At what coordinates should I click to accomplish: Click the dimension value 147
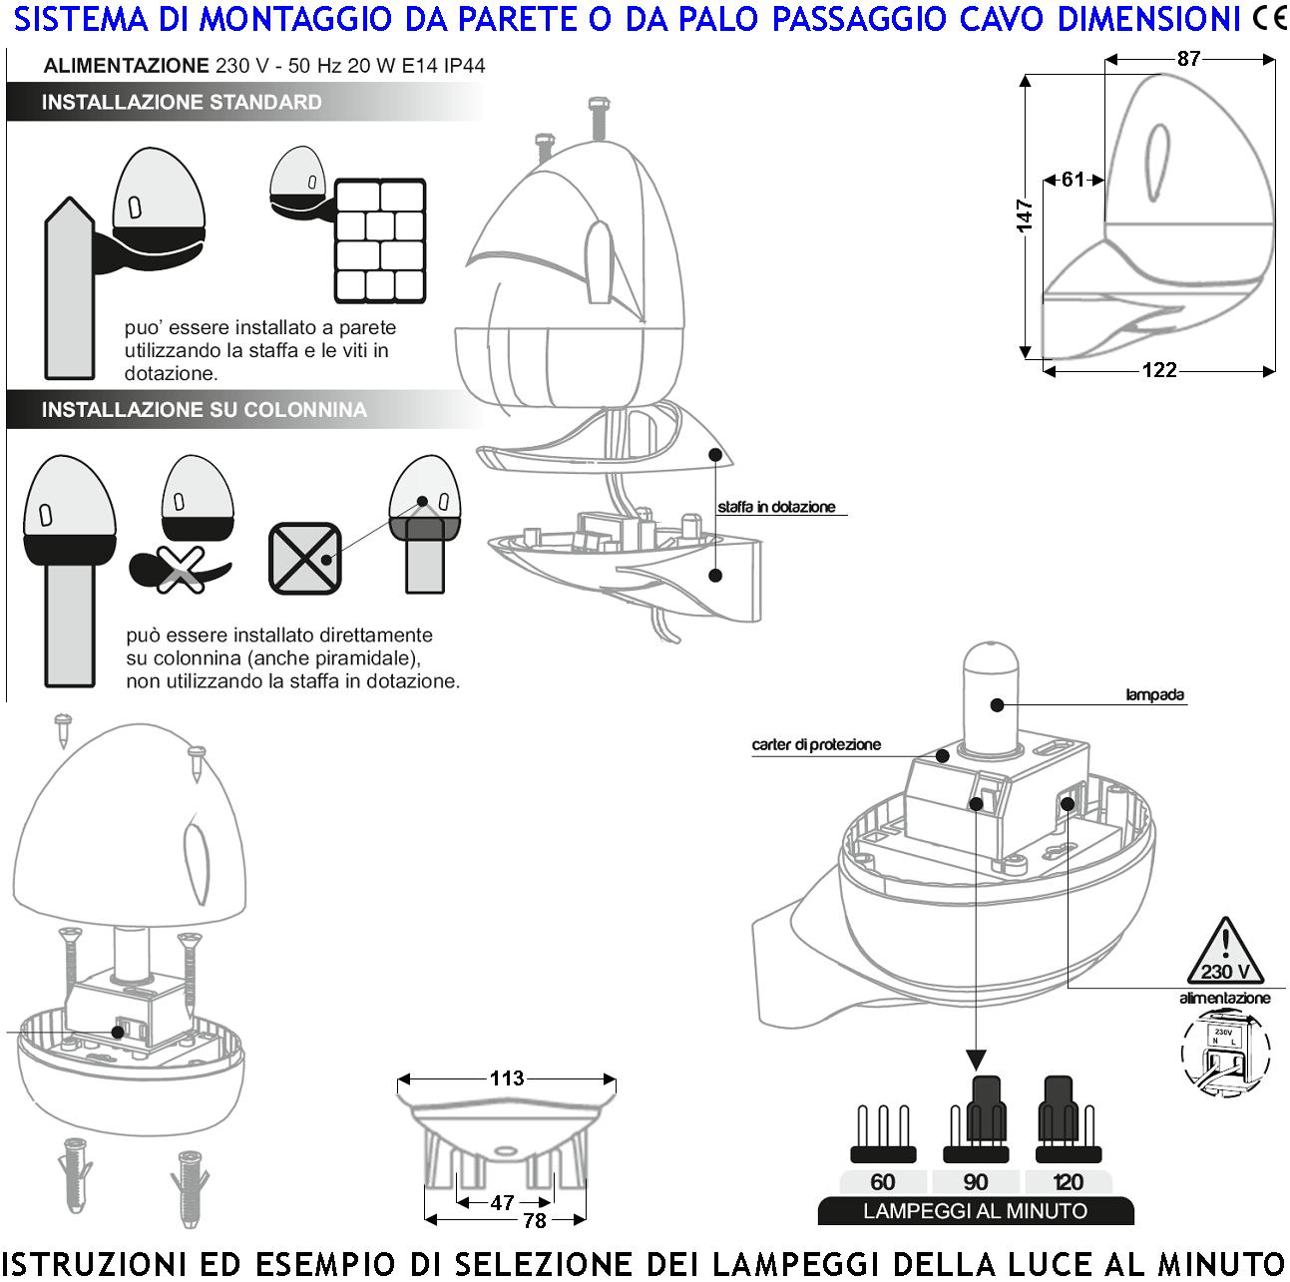pos(1025,215)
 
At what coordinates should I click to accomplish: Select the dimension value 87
pos(1188,59)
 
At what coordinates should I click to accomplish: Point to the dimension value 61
pos(1073,180)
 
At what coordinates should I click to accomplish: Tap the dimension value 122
pos(1158,370)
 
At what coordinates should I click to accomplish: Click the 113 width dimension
pos(507,1078)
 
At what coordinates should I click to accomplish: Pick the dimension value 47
pos(502,1203)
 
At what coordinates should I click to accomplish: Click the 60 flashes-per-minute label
pos(883,1182)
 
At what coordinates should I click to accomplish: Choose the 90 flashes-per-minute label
pos(976,1182)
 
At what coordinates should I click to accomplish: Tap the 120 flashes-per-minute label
pos(1068,1182)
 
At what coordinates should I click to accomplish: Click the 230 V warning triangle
pos(1225,955)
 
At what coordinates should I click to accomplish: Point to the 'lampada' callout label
pos(1154,695)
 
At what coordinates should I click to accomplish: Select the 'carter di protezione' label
pos(816,745)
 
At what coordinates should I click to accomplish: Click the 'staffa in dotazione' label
pos(776,507)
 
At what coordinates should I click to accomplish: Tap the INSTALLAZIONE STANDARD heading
pos(182,103)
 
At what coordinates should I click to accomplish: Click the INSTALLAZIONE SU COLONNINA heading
pos(204,410)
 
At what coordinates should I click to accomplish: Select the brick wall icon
pos(380,240)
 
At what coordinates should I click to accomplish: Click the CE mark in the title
pos(1269,18)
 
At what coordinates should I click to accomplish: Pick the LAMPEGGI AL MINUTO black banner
pos(975,1211)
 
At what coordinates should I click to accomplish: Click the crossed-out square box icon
pos(304,558)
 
